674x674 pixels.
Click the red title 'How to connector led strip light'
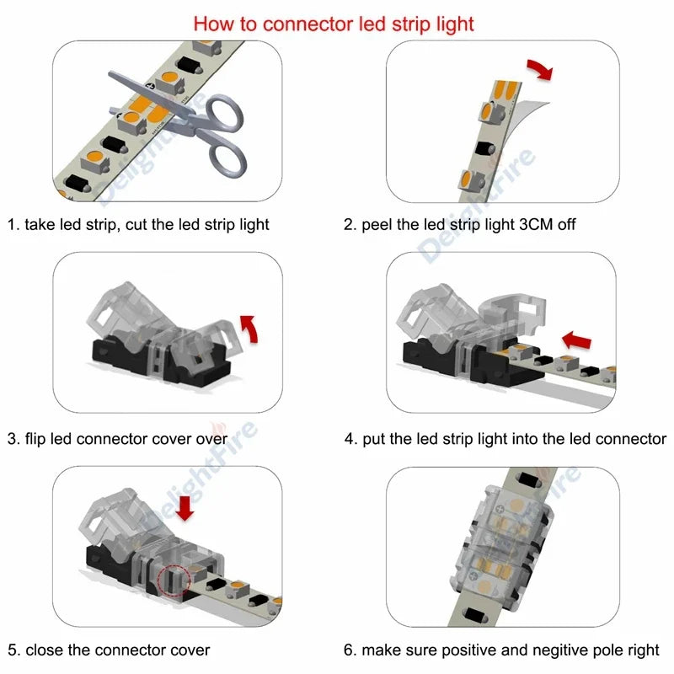334,23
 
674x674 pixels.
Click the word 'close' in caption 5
45,650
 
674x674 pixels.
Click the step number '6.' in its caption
350,650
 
